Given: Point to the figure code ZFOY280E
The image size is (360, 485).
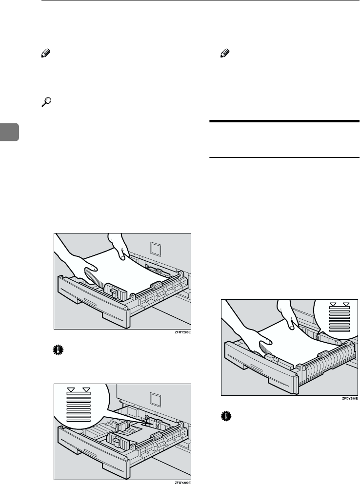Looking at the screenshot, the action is [x=181, y=333].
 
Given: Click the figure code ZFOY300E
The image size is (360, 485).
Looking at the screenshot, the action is [x=181, y=482].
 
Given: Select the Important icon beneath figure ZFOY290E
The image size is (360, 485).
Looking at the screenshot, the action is [x=224, y=415].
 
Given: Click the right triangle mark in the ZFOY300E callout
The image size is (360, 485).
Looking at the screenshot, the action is [x=86, y=389].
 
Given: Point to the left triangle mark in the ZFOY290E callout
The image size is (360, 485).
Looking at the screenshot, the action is [x=333, y=306].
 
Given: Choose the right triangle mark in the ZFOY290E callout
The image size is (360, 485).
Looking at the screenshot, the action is [x=346, y=306].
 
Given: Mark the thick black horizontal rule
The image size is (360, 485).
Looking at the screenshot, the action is [x=284, y=121].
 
